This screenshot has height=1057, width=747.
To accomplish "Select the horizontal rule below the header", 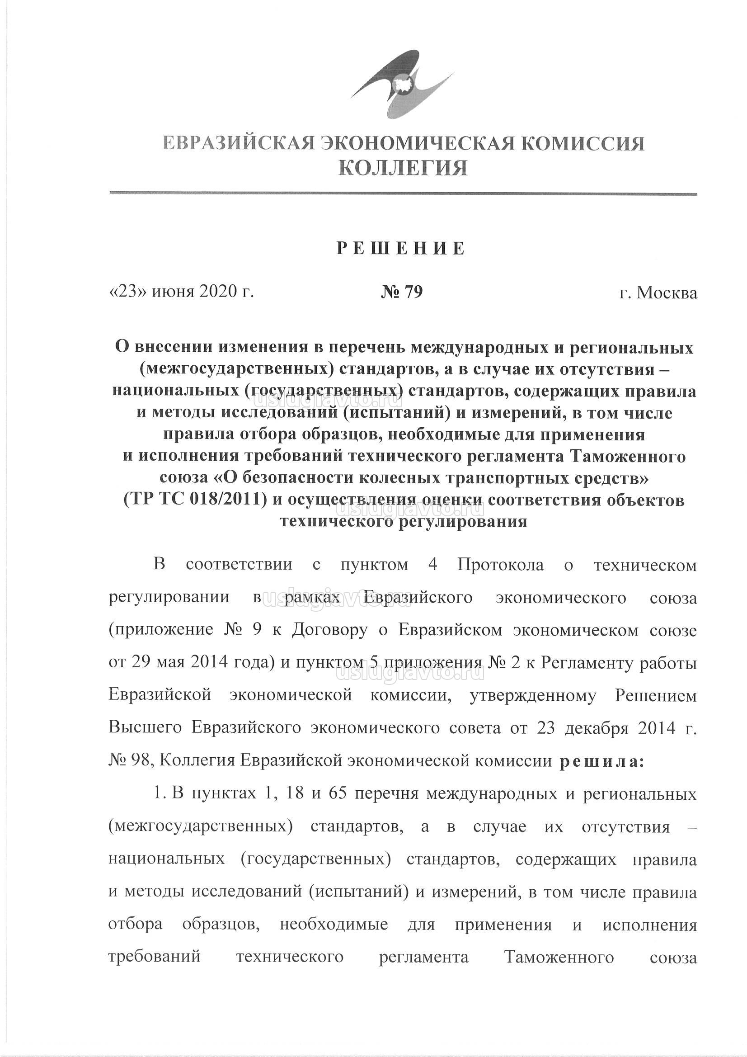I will click(403, 194).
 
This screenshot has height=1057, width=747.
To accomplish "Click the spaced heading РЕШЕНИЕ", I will click(401, 249).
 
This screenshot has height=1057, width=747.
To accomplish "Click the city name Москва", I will click(667, 293).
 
